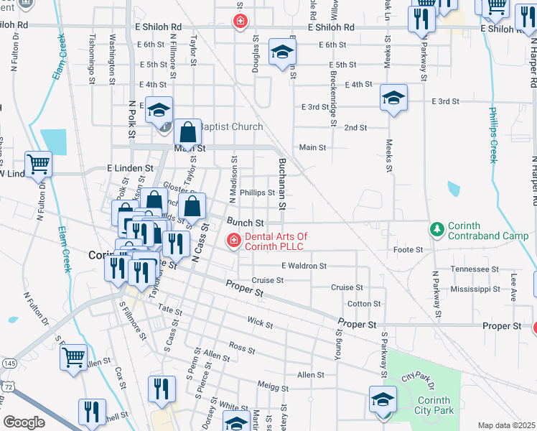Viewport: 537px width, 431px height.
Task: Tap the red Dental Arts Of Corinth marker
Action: [x=233, y=240]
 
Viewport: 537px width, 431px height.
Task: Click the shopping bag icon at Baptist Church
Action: [x=187, y=131]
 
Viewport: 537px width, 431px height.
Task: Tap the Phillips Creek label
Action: [x=493, y=135]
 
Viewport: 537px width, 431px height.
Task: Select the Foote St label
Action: [x=408, y=250]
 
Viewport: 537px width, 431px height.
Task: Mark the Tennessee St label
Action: [x=475, y=269]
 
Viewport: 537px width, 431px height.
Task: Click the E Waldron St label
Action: [x=304, y=266]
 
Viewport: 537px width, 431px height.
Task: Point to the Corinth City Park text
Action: [x=434, y=405]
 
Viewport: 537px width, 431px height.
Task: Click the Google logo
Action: [x=24, y=422]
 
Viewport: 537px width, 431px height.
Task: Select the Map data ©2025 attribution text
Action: [x=506, y=425]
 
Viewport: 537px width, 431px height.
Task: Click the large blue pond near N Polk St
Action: [x=52, y=142]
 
